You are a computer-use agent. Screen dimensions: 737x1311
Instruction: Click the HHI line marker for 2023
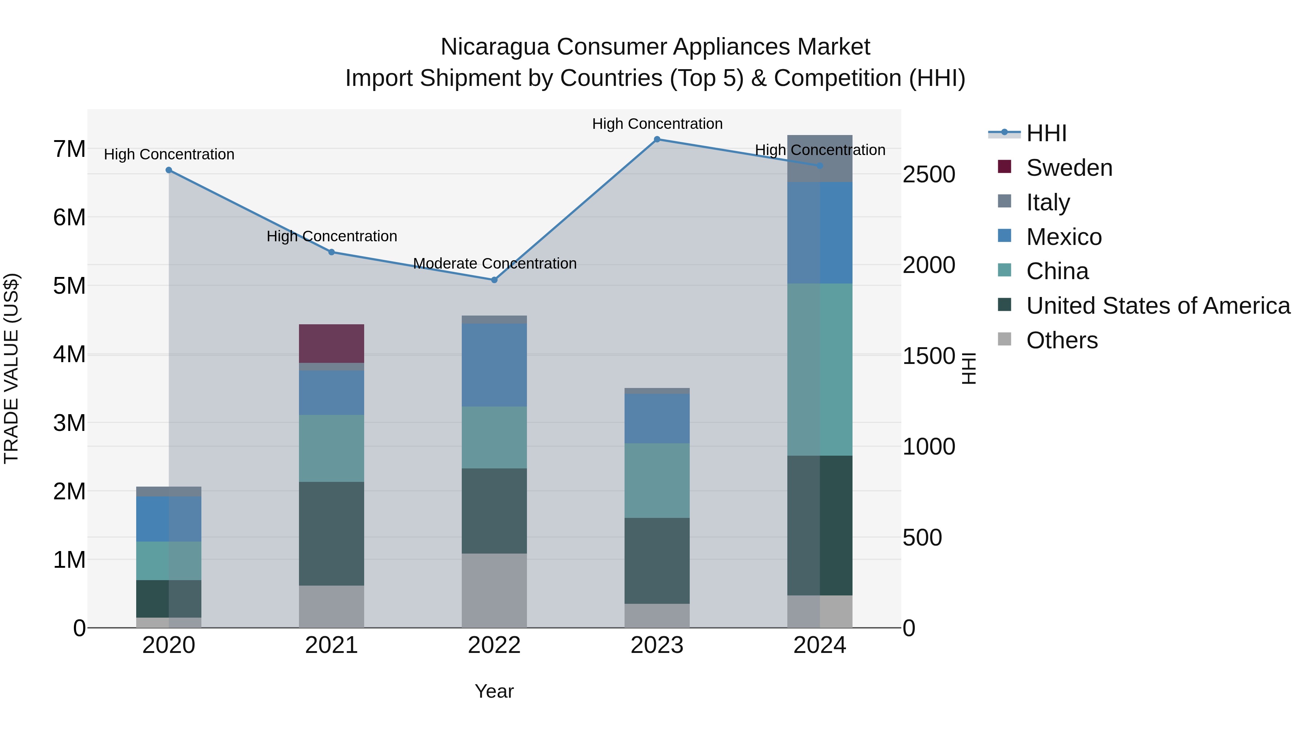coord(657,139)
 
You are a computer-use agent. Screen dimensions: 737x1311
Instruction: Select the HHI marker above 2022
coord(494,280)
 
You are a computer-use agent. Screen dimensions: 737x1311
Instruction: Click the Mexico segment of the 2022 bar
coord(494,365)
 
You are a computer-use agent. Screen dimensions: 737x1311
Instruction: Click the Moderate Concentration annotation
coord(494,264)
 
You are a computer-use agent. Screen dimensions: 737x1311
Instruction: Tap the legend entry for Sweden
coord(1069,168)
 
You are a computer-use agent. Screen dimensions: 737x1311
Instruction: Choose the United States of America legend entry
coord(1158,306)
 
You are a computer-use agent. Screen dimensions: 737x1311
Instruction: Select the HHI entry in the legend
coord(1046,133)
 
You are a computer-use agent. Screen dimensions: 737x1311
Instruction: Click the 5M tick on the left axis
coord(69,286)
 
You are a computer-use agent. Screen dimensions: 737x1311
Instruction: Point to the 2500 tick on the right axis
coord(928,174)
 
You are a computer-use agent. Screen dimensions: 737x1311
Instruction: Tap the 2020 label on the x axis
coord(169,645)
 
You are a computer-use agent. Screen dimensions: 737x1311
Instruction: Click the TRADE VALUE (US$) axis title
coord(11,368)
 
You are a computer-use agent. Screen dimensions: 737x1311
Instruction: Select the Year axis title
coord(494,691)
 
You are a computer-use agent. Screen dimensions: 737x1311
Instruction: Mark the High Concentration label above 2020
coord(169,154)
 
